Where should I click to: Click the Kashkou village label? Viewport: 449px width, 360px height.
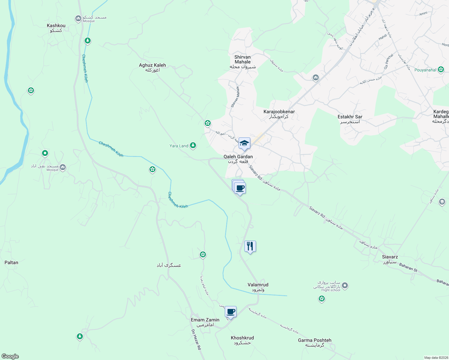coord(56,28)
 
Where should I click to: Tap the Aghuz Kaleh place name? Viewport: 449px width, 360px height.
coord(152,67)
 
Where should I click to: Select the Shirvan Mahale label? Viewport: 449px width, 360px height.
coord(243,61)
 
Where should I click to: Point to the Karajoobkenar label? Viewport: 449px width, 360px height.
coord(279,114)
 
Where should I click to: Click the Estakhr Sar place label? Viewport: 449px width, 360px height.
coord(350,119)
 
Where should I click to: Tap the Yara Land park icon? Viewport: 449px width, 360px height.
coord(193,145)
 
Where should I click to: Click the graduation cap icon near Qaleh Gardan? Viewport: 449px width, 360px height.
coord(244,143)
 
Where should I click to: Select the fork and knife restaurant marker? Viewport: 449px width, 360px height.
coord(250,246)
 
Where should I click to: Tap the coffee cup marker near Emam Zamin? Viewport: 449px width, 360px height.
coord(231,311)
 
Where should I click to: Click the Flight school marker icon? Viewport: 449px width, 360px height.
coord(345,286)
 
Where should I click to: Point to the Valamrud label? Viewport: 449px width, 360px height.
coord(258,287)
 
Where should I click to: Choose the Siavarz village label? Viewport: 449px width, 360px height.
coord(390,259)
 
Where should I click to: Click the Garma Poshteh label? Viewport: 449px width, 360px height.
coord(315,342)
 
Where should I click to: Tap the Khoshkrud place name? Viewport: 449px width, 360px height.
coord(242,340)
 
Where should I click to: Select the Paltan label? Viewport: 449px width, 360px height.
coord(11,262)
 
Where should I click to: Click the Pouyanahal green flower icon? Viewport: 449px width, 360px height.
coord(441,70)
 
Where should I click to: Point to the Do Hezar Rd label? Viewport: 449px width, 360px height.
coord(196,339)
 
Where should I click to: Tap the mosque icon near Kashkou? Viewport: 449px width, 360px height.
coord(78,19)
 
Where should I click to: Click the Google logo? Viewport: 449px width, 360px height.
coord(10,356)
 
